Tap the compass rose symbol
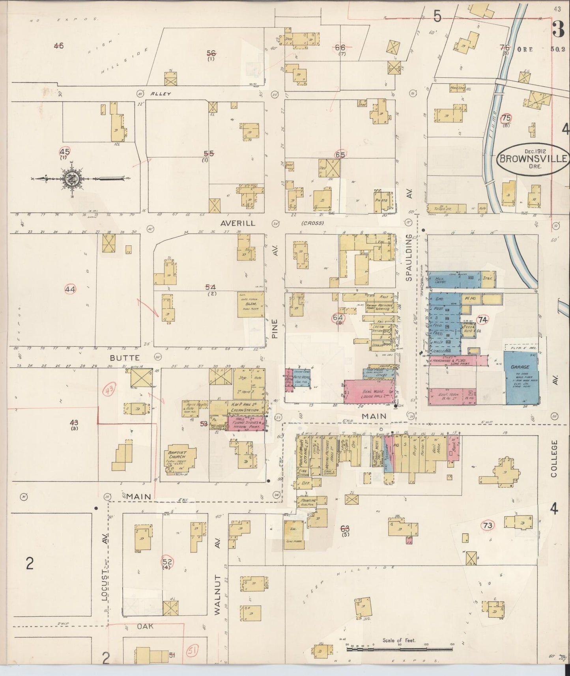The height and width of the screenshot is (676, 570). click(73, 179)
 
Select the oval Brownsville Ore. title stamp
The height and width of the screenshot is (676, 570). click(533, 159)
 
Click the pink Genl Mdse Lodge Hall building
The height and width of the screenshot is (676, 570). click(369, 392)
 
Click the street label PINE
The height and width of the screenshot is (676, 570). click(275, 329)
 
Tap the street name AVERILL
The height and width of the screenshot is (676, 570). click(238, 223)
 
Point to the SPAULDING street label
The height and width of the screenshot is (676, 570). click(409, 258)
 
